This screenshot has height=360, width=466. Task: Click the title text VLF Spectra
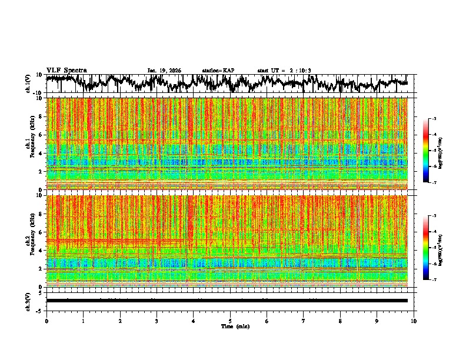click(66, 70)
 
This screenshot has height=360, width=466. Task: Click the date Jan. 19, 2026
click(164, 71)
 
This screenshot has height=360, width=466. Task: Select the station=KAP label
click(218, 71)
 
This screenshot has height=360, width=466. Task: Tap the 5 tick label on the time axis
click(230, 321)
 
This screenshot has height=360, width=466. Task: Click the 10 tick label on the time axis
click(414, 321)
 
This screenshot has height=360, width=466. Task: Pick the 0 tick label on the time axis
click(46, 321)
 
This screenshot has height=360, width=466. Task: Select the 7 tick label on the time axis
click(304, 321)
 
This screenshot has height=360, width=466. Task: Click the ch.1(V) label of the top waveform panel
click(28, 84)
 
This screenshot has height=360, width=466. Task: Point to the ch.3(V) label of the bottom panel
click(28, 301)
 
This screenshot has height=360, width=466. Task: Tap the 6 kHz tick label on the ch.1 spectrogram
click(42, 135)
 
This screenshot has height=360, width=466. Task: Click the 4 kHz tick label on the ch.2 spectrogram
click(42, 250)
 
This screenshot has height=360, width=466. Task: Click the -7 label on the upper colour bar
click(440, 183)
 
